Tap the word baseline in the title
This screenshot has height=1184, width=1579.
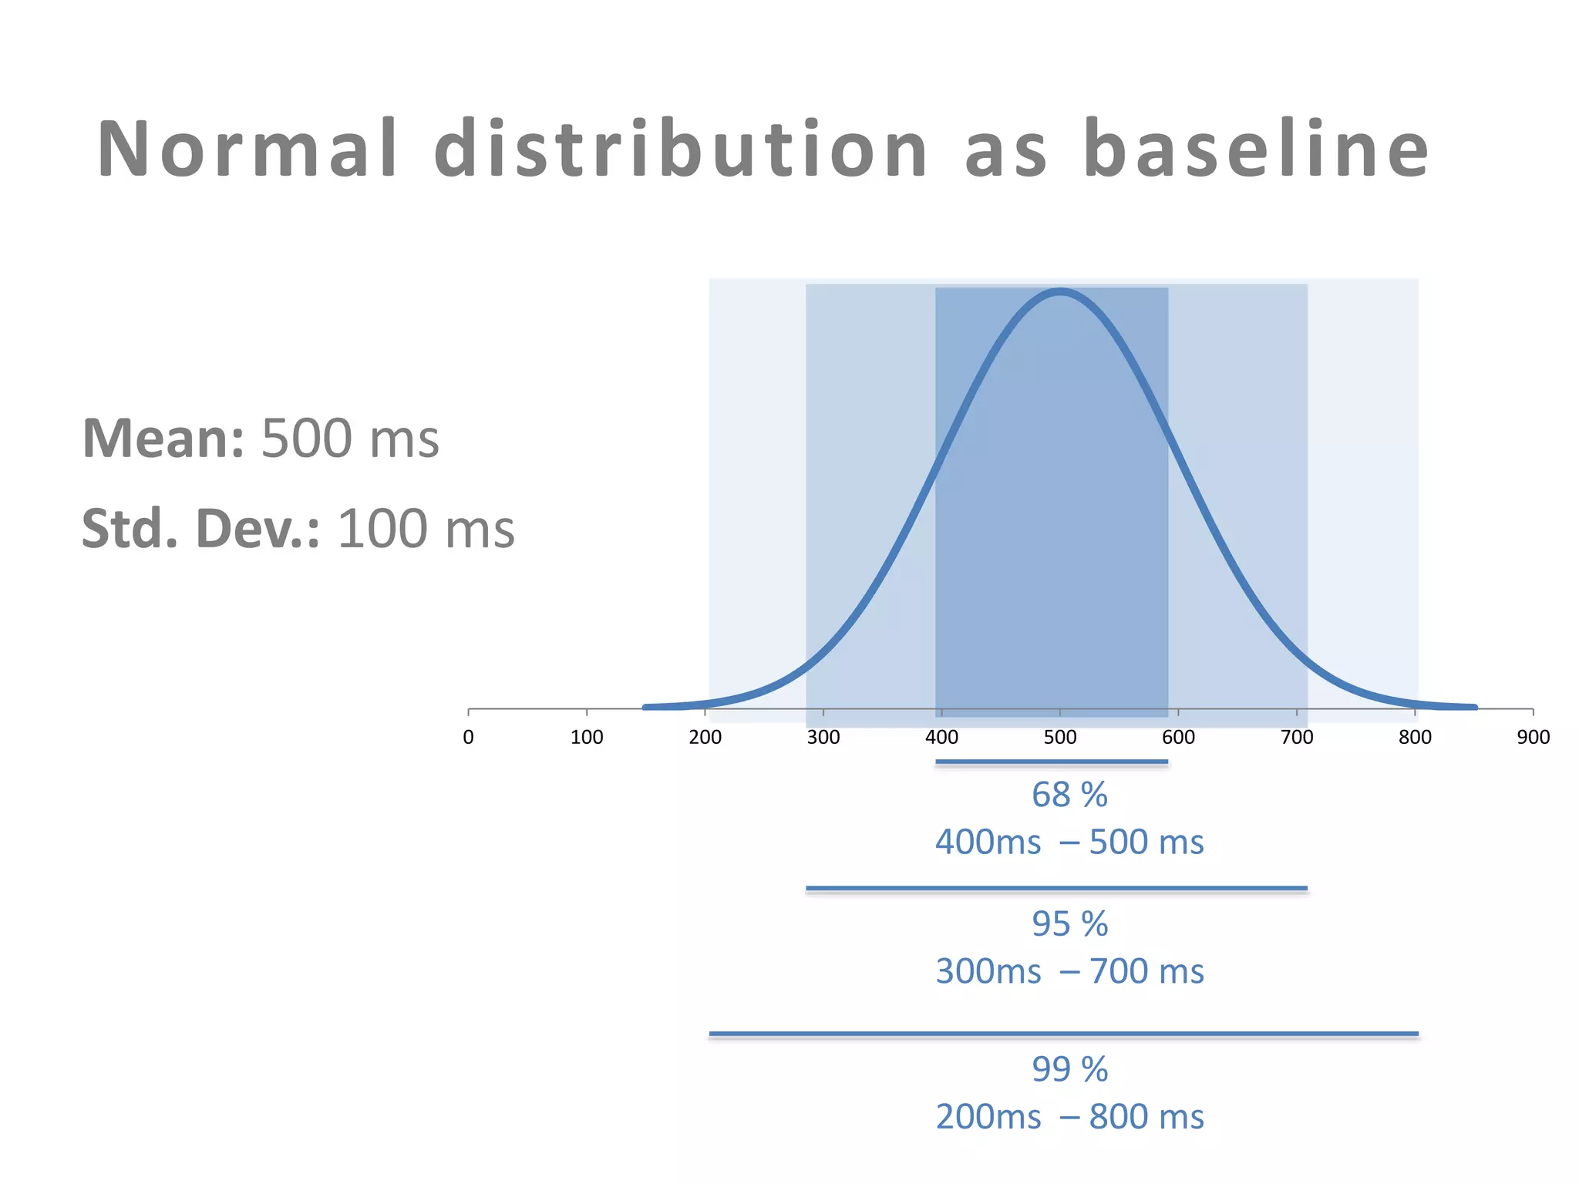point(1256,150)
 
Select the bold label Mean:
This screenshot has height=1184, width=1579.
point(163,439)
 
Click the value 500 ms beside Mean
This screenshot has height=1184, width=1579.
point(350,439)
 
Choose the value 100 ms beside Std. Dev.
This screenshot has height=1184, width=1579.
point(426,530)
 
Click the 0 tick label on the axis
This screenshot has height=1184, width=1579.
point(468,738)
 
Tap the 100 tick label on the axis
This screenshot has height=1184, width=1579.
point(587,738)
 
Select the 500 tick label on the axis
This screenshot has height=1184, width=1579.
point(1060,738)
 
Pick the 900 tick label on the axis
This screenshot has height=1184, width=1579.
point(1533,738)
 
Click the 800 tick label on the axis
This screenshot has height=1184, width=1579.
point(1415,738)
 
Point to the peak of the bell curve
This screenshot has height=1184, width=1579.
point(1060,292)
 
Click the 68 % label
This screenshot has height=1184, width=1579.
point(1069,795)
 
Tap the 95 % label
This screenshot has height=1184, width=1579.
point(1069,924)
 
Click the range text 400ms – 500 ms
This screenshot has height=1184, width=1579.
point(1069,843)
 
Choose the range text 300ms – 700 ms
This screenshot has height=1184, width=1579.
point(1069,971)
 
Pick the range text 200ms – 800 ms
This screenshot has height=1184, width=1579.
point(1069,1117)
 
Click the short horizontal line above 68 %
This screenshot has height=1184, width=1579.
point(1052,762)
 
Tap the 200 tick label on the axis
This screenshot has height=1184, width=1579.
point(705,738)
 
